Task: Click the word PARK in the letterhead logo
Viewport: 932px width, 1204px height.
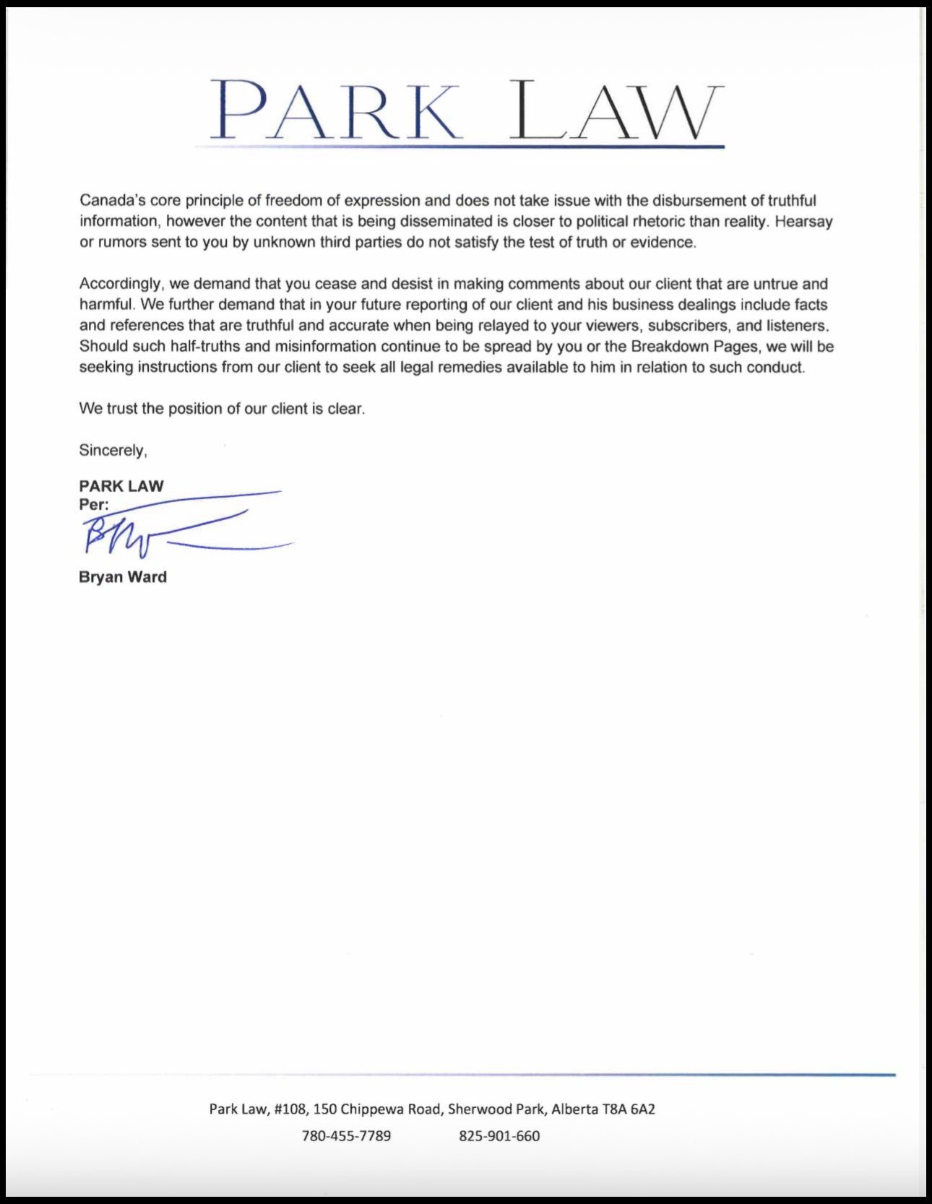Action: [x=335, y=110]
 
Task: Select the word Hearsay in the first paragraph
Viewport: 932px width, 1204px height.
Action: [x=803, y=222]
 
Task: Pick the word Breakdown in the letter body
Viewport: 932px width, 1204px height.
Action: [x=665, y=347]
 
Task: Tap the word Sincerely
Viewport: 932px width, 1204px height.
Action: [x=113, y=451]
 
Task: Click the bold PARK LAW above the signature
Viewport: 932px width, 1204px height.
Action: [x=121, y=486]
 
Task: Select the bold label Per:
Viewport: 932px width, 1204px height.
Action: [x=94, y=505]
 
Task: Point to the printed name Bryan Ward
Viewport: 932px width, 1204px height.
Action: [x=123, y=577]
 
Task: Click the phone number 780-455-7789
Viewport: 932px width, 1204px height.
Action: [x=346, y=1136]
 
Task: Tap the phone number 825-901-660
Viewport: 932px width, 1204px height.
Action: [x=499, y=1136]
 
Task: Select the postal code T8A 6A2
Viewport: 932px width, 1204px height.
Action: [x=629, y=1109]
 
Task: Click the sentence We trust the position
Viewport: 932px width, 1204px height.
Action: [x=222, y=409]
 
